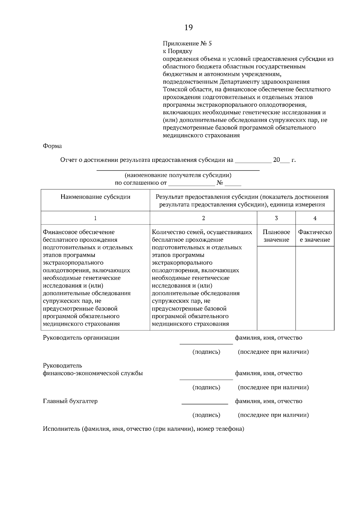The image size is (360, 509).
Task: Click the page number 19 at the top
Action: coord(188,28)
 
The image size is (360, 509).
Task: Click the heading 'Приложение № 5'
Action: coord(187,43)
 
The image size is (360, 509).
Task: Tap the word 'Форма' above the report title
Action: coord(52,146)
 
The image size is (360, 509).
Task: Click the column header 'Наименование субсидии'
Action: coord(95,197)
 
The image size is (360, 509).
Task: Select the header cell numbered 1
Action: coord(95,218)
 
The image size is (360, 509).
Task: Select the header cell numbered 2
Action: coord(203,218)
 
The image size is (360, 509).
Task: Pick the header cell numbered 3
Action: coord(276,218)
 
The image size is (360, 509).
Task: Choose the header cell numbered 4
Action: coord(315,218)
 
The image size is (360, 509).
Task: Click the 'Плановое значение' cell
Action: coord(276,236)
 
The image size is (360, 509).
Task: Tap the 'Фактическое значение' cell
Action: coord(315,236)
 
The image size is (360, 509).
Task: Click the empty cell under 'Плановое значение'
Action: coord(276,288)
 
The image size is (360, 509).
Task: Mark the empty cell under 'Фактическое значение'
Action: coord(315,288)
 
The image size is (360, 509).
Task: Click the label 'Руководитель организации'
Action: coord(81,338)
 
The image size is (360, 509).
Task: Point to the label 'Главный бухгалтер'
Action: coord(70,401)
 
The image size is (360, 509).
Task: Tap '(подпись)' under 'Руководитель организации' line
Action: coord(206,352)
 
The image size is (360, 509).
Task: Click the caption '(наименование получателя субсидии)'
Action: coord(178,175)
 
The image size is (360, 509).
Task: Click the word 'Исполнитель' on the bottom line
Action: coord(61,429)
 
